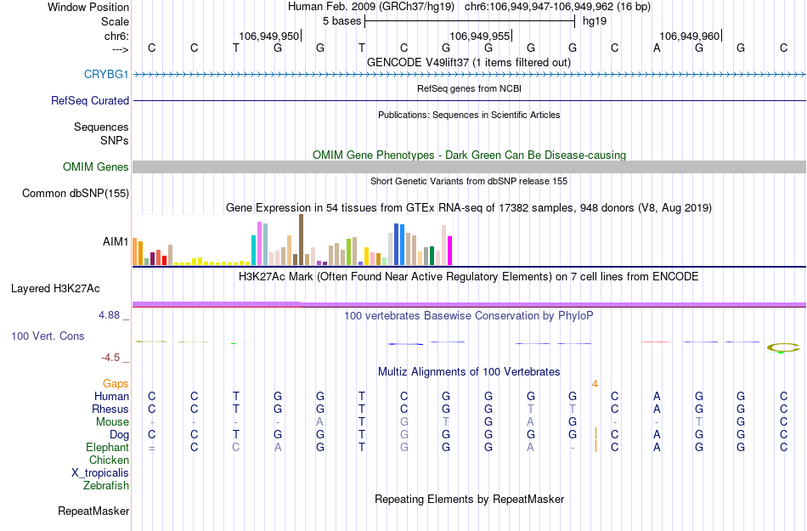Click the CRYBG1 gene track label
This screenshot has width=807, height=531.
pyautogui.click(x=106, y=75)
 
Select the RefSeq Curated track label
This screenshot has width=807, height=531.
pyautogui.click(x=90, y=100)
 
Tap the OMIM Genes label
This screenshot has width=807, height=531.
pyautogui.click(x=96, y=167)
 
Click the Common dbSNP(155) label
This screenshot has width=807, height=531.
pyautogui.click(x=76, y=194)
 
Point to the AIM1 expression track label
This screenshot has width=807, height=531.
pyautogui.click(x=116, y=241)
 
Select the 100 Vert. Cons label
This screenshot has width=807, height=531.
pyautogui.click(x=48, y=336)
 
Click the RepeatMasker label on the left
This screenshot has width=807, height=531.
pyautogui.click(x=93, y=511)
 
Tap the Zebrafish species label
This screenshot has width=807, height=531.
pyautogui.click(x=106, y=486)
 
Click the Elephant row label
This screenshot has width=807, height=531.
pyautogui.click(x=107, y=448)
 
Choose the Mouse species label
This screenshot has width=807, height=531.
pyautogui.click(x=112, y=422)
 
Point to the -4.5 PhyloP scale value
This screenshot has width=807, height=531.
pyautogui.click(x=111, y=358)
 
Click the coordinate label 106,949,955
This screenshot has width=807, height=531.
pyautogui.click(x=480, y=36)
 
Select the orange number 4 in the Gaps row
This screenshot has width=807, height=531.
pyautogui.click(x=595, y=384)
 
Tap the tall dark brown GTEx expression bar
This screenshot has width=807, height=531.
pyautogui.click(x=301, y=240)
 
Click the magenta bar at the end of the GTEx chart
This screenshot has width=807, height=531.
pyautogui.click(x=449, y=251)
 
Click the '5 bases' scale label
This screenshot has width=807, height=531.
pyautogui.click(x=341, y=20)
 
